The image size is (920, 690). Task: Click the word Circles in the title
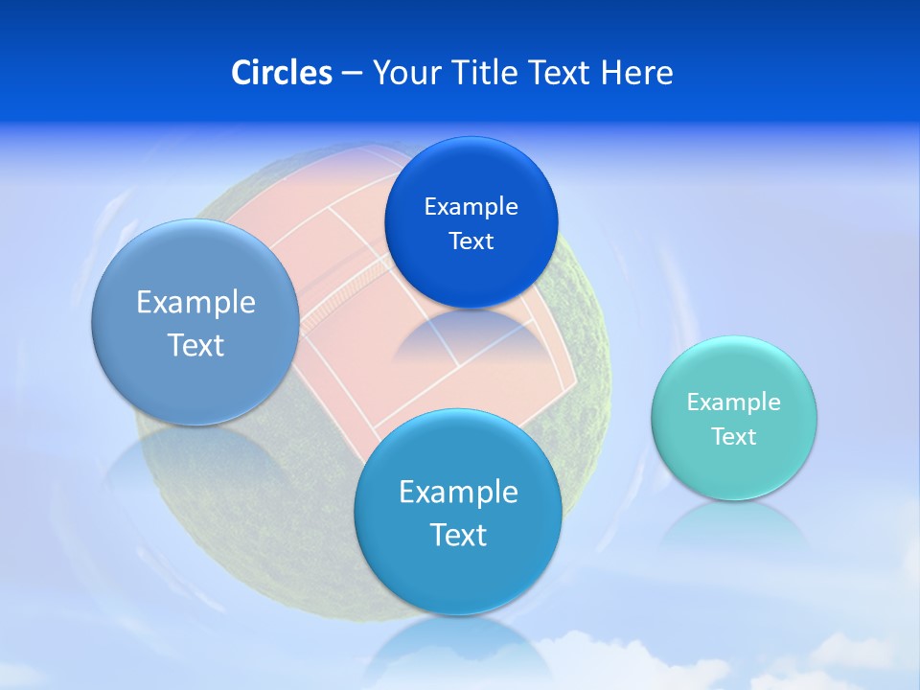pyautogui.click(x=281, y=73)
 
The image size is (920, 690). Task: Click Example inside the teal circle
pyautogui.click(x=733, y=402)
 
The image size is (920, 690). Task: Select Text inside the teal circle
pyautogui.click(x=733, y=437)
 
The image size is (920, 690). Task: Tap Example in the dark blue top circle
pyautogui.click(x=471, y=207)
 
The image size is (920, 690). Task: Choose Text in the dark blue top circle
pyautogui.click(x=471, y=241)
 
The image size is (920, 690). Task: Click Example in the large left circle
pyautogui.click(x=195, y=303)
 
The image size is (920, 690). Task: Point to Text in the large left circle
pyautogui.click(x=195, y=345)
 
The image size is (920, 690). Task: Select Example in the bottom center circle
pyautogui.click(x=458, y=493)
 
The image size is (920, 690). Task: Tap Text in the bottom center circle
pyautogui.click(x=458, y=535)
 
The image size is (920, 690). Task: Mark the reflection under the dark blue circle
pyautogui.click(x=470, y=335)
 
